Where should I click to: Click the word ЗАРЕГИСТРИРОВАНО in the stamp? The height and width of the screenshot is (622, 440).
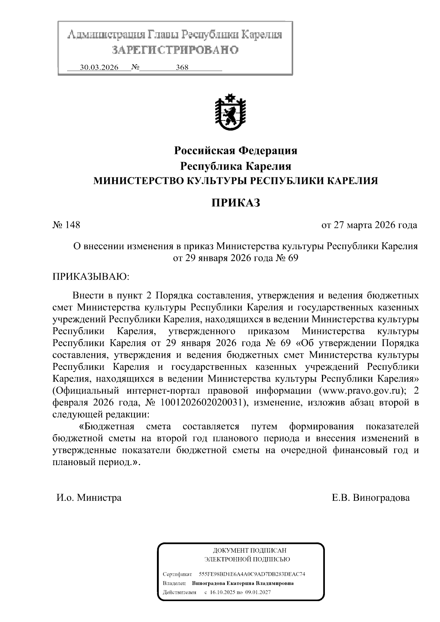pos(175,50)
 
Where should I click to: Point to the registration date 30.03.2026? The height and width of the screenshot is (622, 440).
pos(99,68)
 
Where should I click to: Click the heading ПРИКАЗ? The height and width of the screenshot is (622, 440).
pos(235,203)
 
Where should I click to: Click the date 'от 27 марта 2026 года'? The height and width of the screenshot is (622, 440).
pos(369,225)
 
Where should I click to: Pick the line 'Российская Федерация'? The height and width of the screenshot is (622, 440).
pos(235,151)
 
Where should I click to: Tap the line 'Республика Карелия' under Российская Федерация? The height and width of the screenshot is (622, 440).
pos(235,166)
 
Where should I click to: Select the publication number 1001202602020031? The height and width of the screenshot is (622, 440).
pos(201,402)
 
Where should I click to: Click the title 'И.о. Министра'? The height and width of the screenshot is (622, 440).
pos(89,498)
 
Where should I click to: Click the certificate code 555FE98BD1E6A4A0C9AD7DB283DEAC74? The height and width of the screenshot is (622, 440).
pos(252,574)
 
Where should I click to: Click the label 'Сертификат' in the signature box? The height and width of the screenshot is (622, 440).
pos(177,574)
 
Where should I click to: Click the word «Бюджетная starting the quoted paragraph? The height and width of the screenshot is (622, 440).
pos(107,427)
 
